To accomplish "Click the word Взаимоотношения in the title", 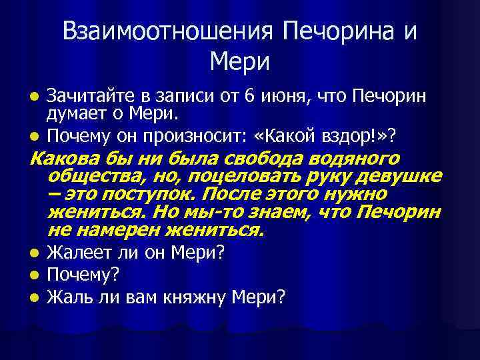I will coord(166,32).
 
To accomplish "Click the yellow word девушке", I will coord(403,177).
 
